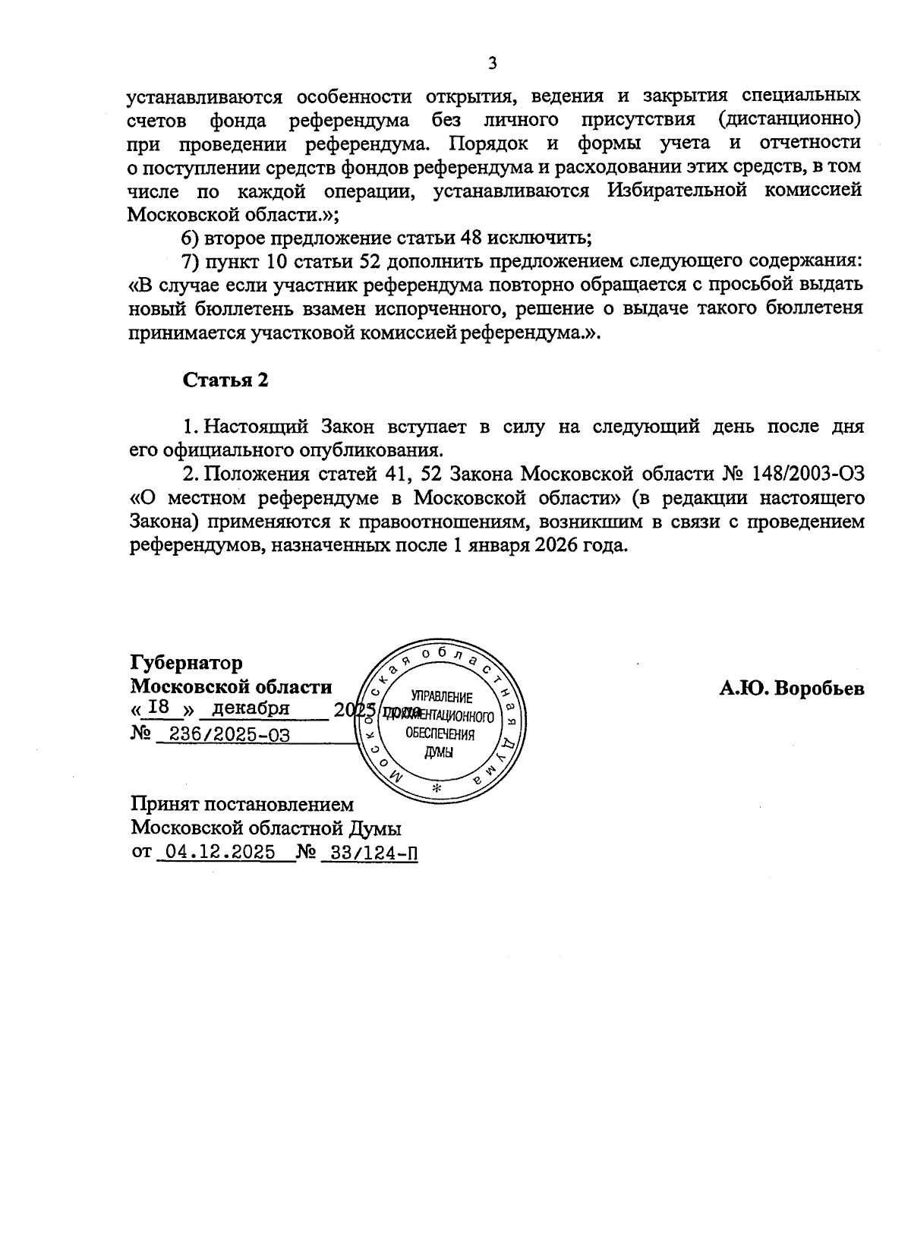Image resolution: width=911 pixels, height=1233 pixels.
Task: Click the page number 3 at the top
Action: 492,63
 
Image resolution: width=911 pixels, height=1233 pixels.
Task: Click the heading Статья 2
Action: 225,380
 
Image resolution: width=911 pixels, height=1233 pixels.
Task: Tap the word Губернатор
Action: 187,663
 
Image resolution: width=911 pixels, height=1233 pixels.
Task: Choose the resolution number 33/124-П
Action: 370,852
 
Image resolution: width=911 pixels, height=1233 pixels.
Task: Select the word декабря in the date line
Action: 251,708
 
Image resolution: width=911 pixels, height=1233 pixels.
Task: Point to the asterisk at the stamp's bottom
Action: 436,788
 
